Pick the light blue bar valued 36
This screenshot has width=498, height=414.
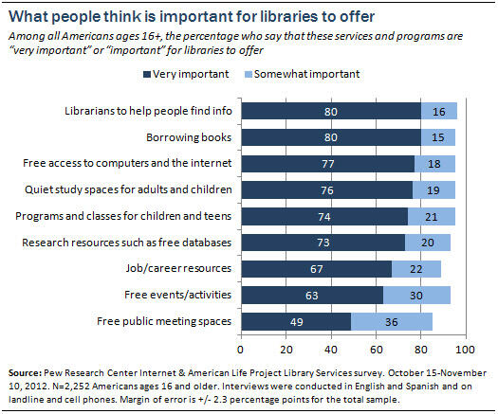[x=392, y=321]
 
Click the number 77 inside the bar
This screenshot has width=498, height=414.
[x=329, y=163]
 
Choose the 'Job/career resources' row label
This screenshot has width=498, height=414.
[x=182, y=268]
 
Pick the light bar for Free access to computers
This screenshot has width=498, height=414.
[x=434, y=163]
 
